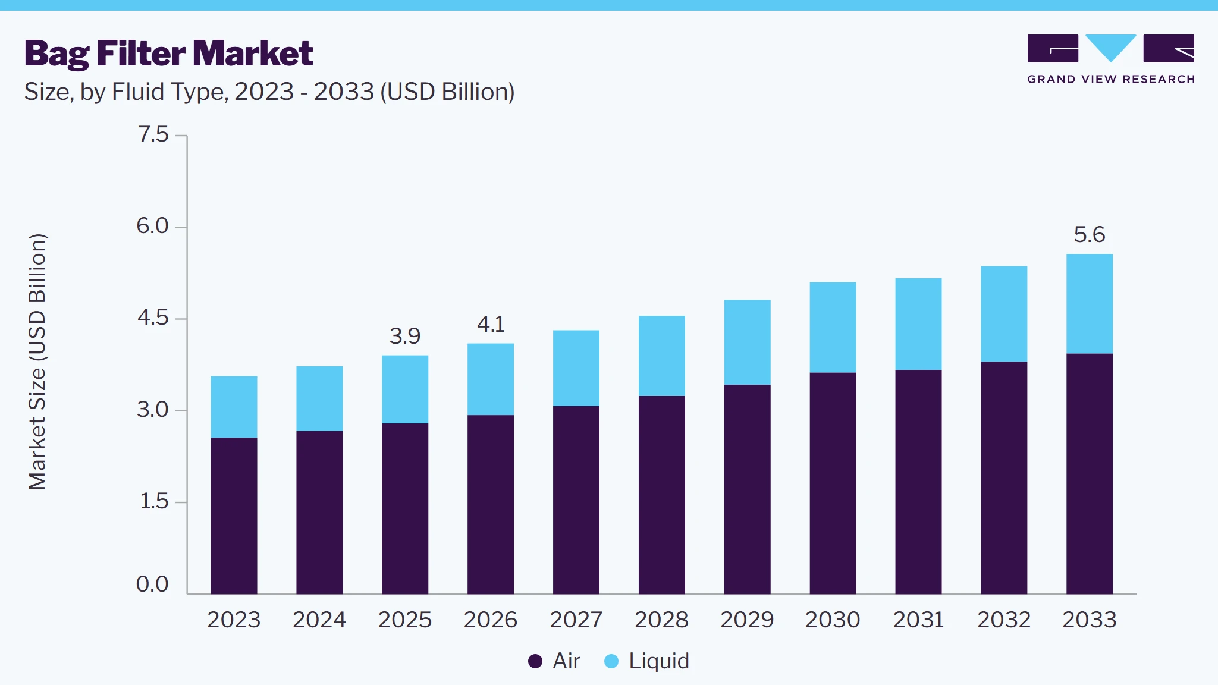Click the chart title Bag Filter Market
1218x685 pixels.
click(168, 54)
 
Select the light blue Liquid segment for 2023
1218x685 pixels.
click(234, 407)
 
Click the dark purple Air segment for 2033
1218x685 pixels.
click(1090, 474)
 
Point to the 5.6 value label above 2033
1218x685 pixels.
click(1090, 234)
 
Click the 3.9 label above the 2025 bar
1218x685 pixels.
click(405, 336)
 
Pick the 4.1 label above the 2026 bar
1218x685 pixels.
click(491, 324)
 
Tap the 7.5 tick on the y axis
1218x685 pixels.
click(153, 134)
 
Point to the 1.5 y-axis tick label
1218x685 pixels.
click(154, 501)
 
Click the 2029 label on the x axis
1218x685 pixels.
click(747, 620)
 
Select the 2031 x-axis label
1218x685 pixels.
click(918, 620)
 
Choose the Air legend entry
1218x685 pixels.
click(554, 661)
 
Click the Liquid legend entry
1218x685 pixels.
click(646, 661)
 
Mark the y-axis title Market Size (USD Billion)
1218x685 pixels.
click(37, 362)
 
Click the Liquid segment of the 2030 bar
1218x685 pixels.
click(833, 328)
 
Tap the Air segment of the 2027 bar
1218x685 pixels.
click(576, 500)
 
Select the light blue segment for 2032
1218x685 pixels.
click(1004, 314)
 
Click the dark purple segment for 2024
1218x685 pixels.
click(319, 513)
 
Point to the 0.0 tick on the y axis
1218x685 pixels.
click(152, 584)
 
